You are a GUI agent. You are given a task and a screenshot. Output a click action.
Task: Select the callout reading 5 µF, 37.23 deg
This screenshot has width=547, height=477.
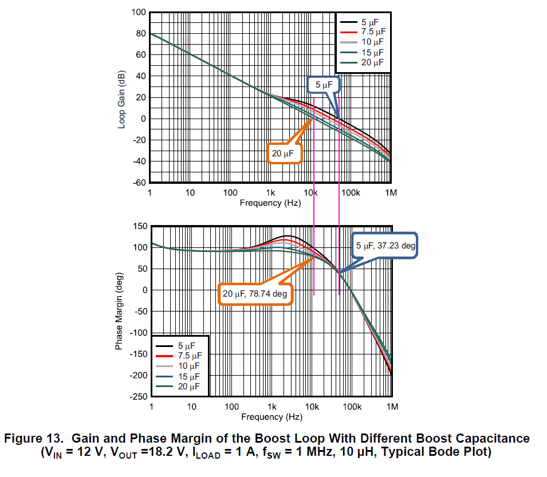(385, 245)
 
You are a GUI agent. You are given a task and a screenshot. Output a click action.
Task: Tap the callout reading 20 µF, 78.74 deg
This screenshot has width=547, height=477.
(255, 294)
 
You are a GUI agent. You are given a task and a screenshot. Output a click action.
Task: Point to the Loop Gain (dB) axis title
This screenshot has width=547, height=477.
(121, 101)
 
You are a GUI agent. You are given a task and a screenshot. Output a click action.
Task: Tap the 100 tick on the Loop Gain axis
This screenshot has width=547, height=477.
(138, 12)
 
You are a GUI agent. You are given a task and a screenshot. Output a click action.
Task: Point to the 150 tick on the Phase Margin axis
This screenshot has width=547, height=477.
(140, 226)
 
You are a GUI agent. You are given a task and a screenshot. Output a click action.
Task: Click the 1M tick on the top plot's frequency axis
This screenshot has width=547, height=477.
(391, 193)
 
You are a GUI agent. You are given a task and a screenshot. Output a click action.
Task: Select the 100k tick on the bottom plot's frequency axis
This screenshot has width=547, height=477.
(352, 407)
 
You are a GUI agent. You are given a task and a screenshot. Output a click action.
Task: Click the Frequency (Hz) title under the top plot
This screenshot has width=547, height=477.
(270, 203)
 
